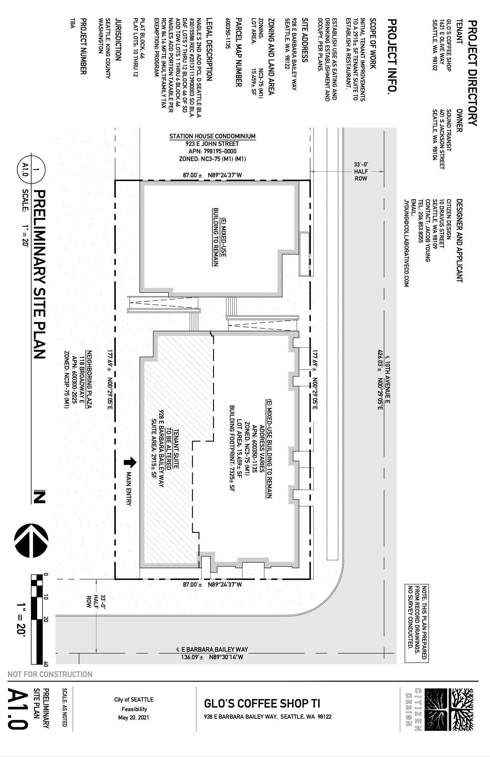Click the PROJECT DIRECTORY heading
pos(472,73)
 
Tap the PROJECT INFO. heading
pos(392,57)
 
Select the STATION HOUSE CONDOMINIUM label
pos(212,136)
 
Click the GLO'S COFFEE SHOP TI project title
pos(262,704)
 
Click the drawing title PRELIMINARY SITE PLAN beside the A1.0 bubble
pos(39,274)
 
